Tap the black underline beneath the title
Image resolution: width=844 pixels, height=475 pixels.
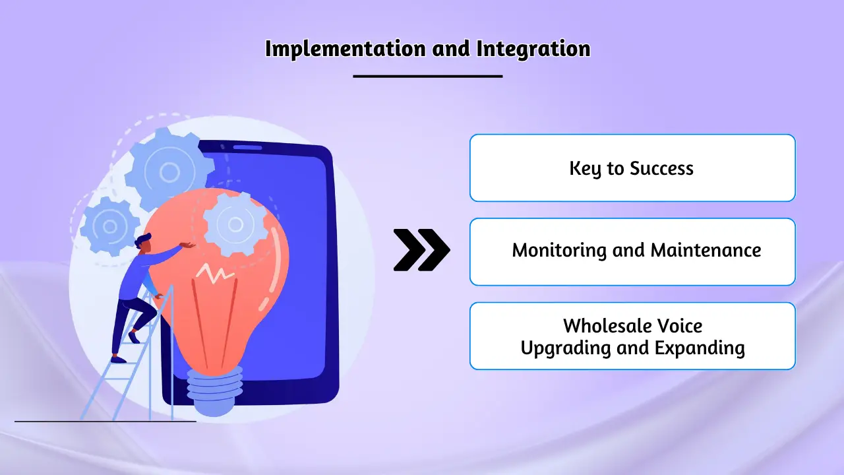427,77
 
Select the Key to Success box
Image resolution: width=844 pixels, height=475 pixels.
632,168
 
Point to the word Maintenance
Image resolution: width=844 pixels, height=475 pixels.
706,251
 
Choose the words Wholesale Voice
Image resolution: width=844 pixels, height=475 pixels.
632,326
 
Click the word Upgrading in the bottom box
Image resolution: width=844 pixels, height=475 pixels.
565,348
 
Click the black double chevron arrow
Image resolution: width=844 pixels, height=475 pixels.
421,250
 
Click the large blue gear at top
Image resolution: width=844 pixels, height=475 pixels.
169,172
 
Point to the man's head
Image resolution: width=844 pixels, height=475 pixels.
143,243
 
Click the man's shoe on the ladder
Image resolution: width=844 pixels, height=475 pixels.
119,360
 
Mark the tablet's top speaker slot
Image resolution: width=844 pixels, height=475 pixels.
247,147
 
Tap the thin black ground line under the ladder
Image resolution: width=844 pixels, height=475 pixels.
105,421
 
